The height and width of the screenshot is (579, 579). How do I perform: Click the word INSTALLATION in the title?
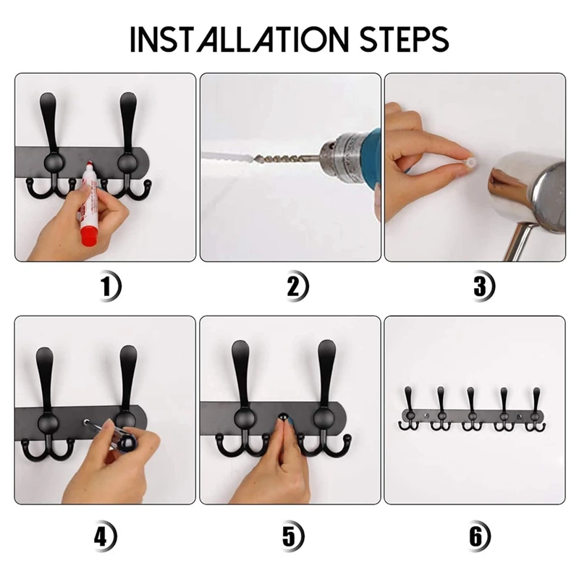point(240,40)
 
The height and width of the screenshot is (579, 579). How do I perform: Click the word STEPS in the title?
point(404,40)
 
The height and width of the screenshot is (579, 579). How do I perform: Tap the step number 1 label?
point(110,286)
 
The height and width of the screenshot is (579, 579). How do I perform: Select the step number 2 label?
point(297,286)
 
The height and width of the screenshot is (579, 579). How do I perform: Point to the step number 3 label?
point(483,286)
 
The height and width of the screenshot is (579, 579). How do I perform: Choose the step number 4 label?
point(105,536)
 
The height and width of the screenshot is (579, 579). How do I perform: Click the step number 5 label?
point(292,536)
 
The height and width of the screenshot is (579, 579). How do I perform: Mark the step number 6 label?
point(479,536)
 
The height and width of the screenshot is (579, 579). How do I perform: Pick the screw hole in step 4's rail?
point(87,422)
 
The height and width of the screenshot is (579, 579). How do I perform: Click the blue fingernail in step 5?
point(289,420)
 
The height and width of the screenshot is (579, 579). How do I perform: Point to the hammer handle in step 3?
point(521,242)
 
